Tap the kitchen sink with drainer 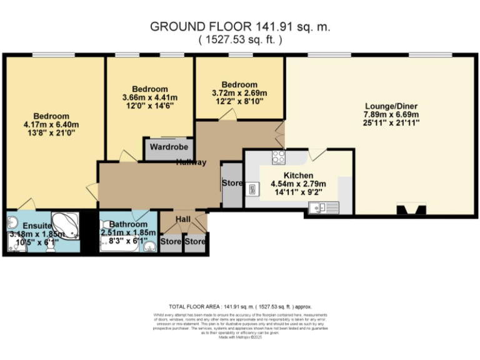click(324, 207)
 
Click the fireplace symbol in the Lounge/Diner click(411, 209)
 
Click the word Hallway click(191, 162)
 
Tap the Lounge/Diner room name click(391, 106)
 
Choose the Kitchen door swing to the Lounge click(317, 154)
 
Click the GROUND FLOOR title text click(240, 27)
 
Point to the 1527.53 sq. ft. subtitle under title click(240, 39)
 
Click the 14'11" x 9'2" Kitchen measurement click(292, 193)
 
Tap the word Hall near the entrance click(182, 219)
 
